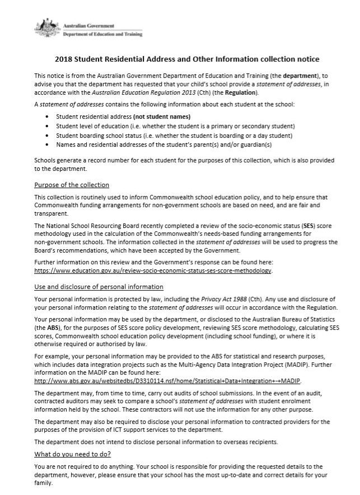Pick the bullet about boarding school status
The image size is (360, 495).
coord(174,136)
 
